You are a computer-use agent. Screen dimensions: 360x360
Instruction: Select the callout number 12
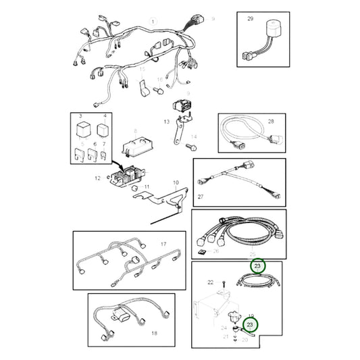point(98,178)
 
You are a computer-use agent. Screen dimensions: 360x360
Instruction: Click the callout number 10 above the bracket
point(176,183)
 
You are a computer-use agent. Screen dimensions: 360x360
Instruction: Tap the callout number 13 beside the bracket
point(165,122)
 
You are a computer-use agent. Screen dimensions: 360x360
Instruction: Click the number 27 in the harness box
point(201,198)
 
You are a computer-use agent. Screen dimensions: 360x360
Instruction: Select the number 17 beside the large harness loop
point(163,243)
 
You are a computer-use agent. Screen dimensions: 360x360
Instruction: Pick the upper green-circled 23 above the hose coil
point(257,267)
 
